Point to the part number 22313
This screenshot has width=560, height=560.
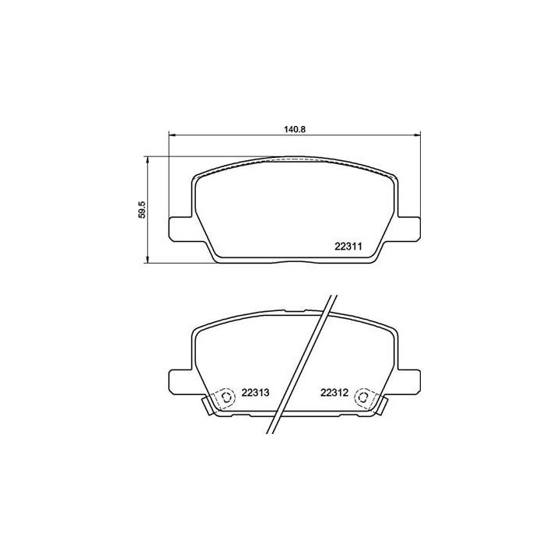(x=255, y=393)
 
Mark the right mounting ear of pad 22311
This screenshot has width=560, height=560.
(x=410, y=228)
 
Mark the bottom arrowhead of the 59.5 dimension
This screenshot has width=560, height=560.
(x=149, y=261)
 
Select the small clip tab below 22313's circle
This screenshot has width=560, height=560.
(x=209, y=405)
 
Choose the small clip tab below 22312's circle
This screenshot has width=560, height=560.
(x=381, y=405)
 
